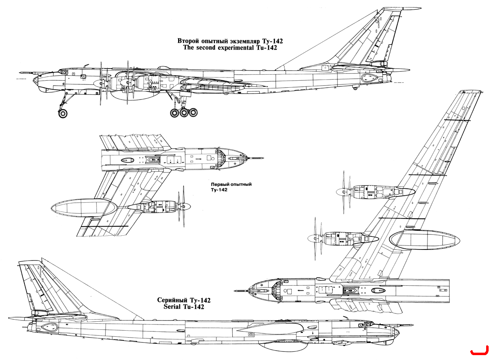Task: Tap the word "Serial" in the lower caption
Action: [x=172, y=307]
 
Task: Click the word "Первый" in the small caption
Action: [x=219, y=184]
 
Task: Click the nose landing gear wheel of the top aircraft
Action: [x=63, y=113]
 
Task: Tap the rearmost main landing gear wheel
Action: [x=193, y=112]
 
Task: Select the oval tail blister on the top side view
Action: [x=369, y=77]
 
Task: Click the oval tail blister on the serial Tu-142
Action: [x=49, y=327]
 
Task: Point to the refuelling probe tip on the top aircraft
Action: [x=20, y=72]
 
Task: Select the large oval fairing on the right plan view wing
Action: [x=424, y=240]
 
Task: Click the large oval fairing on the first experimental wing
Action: [x=84, y=208]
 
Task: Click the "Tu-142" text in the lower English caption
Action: [x=194, y=307]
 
